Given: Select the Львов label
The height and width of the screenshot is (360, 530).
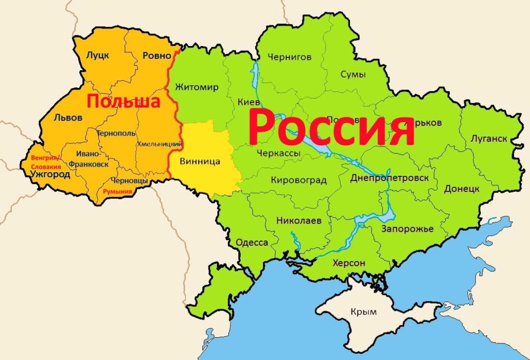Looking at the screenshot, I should click(68, 117).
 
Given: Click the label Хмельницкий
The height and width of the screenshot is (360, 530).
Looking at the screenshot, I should click(159, 143).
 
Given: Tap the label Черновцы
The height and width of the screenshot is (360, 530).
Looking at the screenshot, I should click(130, 181).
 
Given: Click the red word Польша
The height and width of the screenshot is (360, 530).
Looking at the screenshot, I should click(123, 101).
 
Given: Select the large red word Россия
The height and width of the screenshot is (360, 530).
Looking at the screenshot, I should click(331, 127).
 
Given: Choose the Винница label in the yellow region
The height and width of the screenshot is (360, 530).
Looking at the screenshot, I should click(200, 161).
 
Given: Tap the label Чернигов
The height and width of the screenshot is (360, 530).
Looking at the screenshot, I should click(289, 57).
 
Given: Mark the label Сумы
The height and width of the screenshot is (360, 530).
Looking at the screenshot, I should click(353, 74).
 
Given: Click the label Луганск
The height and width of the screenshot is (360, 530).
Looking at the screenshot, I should click(489, 139).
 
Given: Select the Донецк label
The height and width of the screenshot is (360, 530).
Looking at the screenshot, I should click(461, 189).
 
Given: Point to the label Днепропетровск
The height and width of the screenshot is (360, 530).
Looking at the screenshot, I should click(389, 178).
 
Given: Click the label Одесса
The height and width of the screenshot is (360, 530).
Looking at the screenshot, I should click(252, 243).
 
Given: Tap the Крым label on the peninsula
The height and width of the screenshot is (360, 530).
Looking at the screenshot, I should click(363, 312).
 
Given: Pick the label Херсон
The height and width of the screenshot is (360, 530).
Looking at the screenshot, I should click(349, 263).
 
